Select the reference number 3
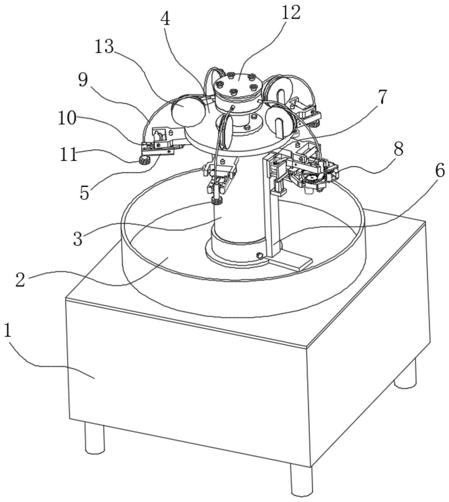78,239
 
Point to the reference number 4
165,20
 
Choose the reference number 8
398,150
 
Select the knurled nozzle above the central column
217,201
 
